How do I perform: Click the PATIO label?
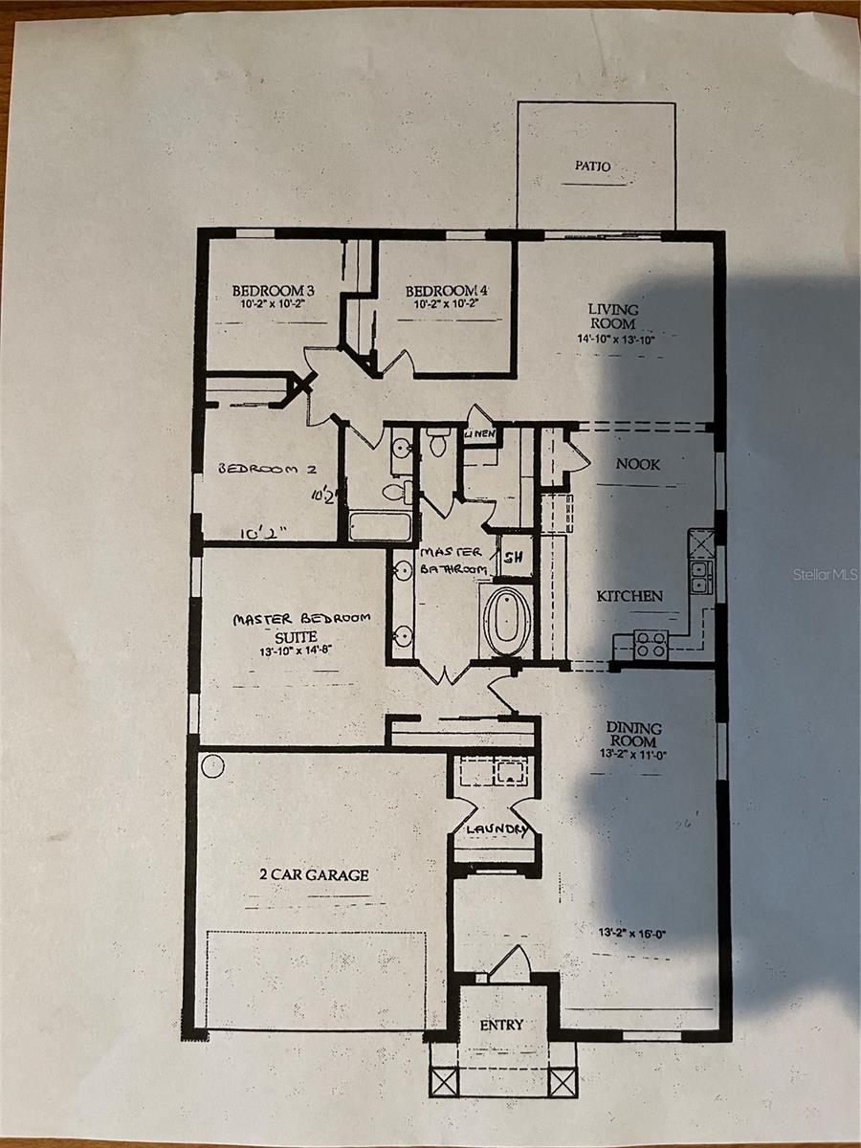click(593, 166)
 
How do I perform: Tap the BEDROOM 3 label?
click(273, 290)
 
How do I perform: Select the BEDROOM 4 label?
click(447, 290)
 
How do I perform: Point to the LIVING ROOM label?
click(613, 317)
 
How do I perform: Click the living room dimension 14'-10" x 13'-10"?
click(616, 339)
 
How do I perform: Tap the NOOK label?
click(638, 464)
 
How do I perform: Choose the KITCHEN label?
click(629, 596)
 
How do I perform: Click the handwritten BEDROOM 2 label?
click(267, 469)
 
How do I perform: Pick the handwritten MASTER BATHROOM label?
click(453, 561)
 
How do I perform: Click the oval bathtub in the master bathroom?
click(506, 621)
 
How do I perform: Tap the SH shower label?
click(513, 557)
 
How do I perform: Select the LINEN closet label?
click(480, 433)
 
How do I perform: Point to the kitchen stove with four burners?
click(651, 644)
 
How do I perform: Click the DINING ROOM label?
click(633, 735)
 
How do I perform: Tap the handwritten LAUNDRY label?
click(496, 829)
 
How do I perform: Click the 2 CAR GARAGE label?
click(314, 874)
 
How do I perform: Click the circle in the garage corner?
click(212, 766)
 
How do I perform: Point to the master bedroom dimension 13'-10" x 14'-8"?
click(296, 651)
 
